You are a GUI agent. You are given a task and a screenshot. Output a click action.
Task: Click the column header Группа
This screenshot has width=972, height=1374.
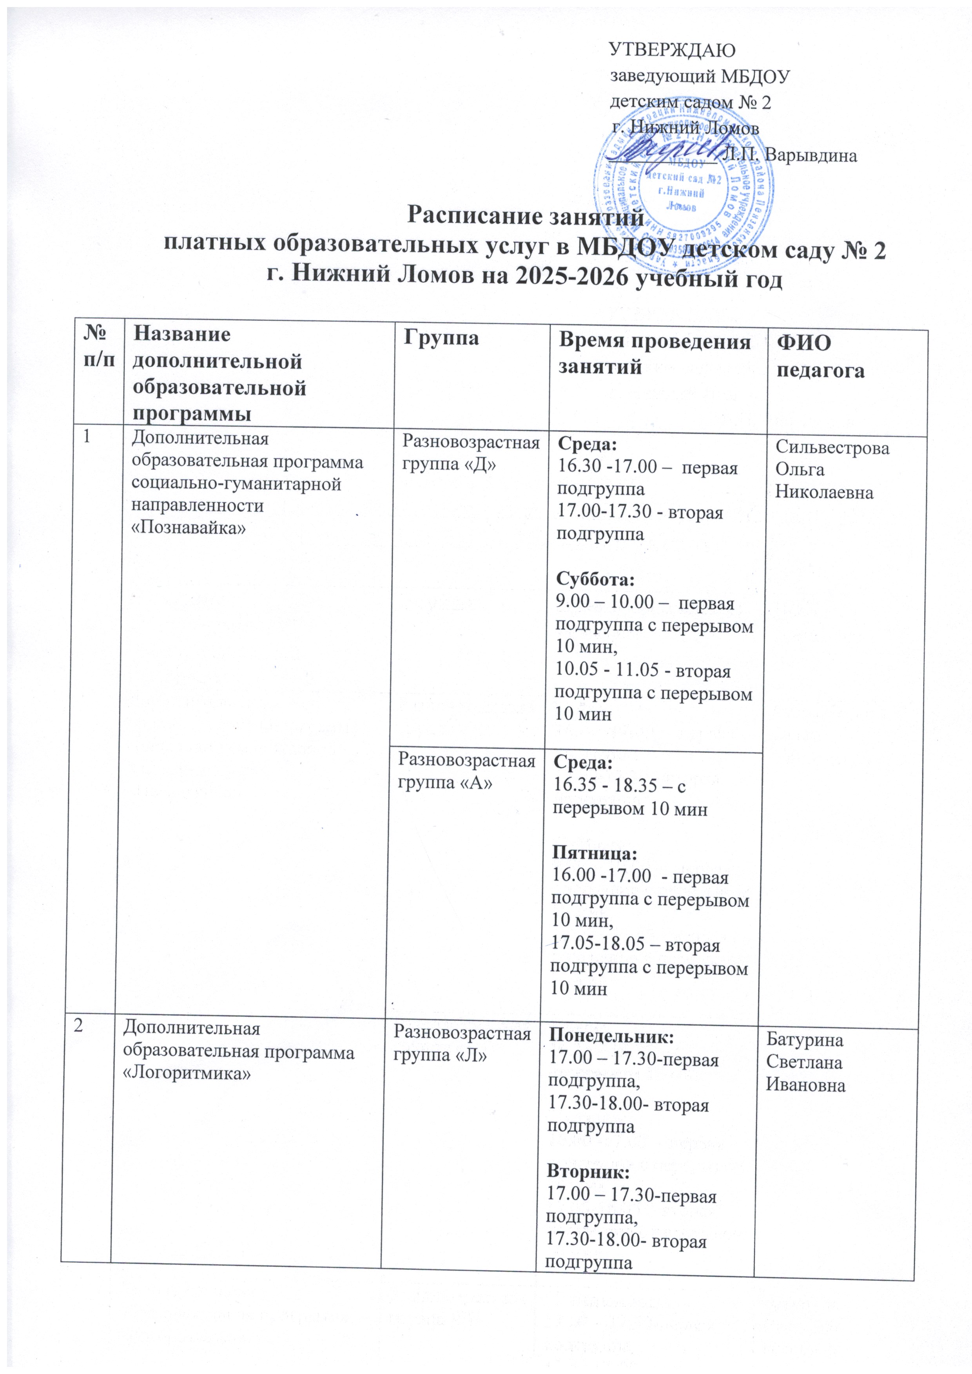click(441, 339)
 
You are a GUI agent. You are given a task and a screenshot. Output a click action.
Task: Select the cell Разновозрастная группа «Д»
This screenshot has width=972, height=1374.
click(471, 453)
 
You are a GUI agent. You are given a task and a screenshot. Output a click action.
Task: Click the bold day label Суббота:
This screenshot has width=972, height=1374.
click(595, 580)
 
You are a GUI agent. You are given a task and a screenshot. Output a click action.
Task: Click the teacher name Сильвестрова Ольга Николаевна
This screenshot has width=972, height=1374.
click(832, 470)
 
